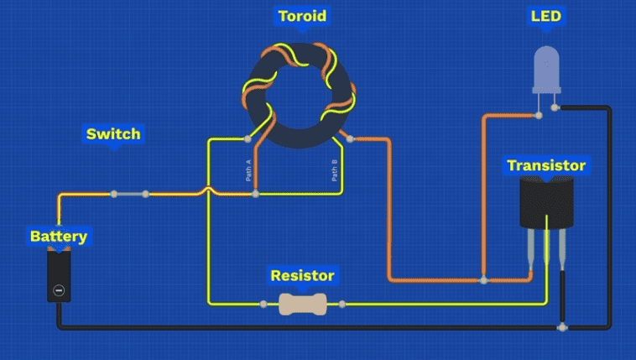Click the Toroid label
point(302,16)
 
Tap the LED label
point(546,16)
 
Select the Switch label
point(113,133)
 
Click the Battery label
point(58,237)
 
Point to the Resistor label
point(302,275)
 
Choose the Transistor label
point(546,165)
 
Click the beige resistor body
point(302,304)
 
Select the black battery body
point(59,274)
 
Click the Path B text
point(334,170)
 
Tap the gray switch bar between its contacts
point(130,194)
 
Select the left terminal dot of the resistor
point(263,304)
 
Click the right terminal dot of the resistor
point(342,304)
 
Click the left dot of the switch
point(114,194)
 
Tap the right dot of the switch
point(146,194)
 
